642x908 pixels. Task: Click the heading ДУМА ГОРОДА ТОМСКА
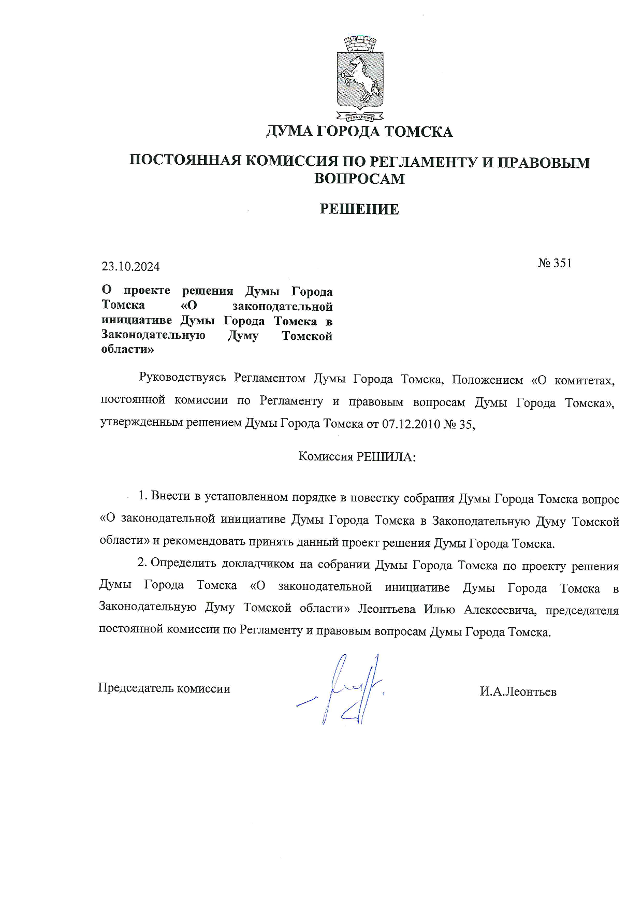pos(359,132)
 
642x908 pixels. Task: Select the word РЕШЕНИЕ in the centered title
pos(359,209)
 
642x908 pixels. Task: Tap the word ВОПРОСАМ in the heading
pos(359,179)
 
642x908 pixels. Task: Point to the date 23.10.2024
pos(130,267)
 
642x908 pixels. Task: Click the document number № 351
pos(555,263)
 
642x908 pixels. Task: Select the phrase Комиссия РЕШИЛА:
pos(357,457)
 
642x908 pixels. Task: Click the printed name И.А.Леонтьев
pos(518,691)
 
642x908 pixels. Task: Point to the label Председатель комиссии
pos(164,688)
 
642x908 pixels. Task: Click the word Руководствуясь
pos(183,379)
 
